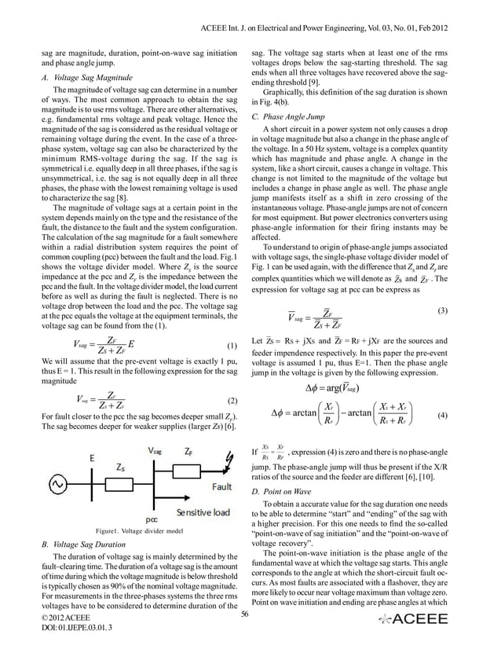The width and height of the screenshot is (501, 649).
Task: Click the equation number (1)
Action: (x=232, y=346)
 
